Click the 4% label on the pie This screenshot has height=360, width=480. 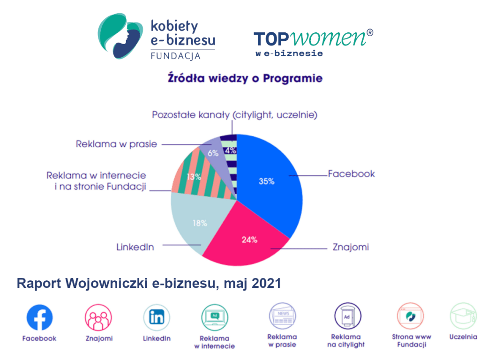tap(231, 150)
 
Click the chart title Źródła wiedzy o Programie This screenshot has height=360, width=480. tap(245, 78)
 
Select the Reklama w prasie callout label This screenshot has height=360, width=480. tap(116, 144)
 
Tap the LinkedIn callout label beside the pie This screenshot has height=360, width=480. tap(135, 247)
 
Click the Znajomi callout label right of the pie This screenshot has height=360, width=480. tap(351, 247)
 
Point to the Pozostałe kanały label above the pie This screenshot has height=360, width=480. tap(234, 115)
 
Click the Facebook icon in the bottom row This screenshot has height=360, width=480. tap(39, 317)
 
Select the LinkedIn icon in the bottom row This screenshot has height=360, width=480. tap(157, 317)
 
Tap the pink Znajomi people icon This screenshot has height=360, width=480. tap(98, 317)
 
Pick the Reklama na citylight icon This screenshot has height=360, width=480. tap(347, 316)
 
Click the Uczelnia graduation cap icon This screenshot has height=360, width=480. tap(464, 316)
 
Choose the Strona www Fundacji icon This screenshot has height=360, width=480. tap(411, 316)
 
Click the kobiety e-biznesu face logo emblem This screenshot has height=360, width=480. tap(120, 36)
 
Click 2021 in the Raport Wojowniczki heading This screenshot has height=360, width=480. tap(266, 283)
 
